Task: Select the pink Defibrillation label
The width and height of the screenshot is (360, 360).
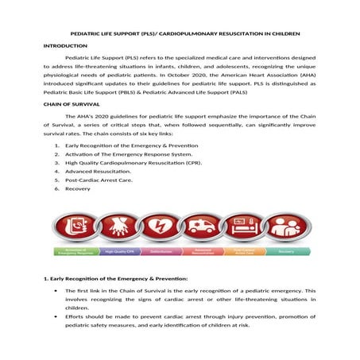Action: pos(161,251)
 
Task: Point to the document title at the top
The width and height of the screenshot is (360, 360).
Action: pos(180,35)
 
